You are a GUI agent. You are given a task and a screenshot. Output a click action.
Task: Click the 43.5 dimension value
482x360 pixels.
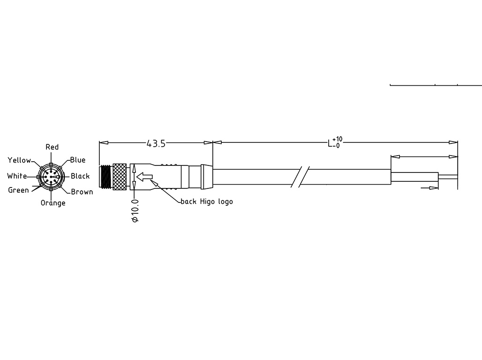[x=156, y=144]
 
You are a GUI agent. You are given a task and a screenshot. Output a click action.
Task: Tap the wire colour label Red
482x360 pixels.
[x=52, y=147]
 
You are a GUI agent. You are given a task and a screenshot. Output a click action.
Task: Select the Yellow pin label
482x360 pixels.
[x=19, y=160]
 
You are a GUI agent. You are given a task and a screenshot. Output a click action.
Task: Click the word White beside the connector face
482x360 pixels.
[x=17, y=176]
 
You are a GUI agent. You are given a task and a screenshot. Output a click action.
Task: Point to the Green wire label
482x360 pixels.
[x=18, y=190]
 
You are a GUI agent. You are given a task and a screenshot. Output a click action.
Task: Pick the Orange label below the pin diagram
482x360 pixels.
[x=53, y=203]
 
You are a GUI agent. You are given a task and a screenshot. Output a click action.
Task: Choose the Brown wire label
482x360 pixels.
[x=82, y=192]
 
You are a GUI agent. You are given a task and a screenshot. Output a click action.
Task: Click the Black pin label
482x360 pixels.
[x=80, y=176]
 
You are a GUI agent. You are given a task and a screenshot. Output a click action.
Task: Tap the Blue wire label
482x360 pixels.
[x=78, y=160]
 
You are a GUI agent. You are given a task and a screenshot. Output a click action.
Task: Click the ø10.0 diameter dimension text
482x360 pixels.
[x=136, y=210]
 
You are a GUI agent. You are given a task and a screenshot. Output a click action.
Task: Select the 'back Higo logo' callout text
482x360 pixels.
[x=207, y=202]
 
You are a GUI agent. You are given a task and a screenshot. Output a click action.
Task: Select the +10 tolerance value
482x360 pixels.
[x=337, y=139]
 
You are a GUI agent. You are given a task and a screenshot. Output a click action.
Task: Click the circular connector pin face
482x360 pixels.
[x=50, y=177]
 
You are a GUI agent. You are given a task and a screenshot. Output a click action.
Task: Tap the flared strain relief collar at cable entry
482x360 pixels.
[x=207, y=176]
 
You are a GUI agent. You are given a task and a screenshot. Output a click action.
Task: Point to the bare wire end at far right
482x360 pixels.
[x=447, y=176]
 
